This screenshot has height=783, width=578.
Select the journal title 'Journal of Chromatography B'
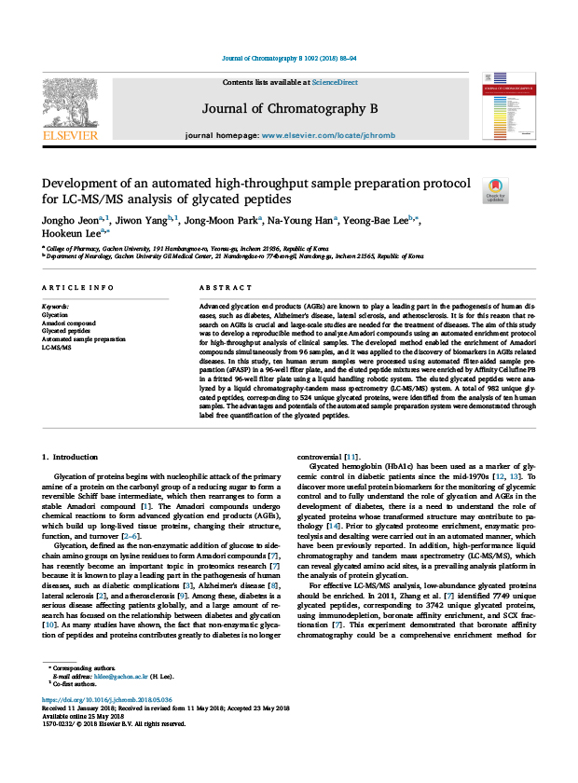(289, 109)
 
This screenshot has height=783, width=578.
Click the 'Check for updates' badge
(495, 191)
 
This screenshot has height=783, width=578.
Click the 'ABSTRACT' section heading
(220, 289)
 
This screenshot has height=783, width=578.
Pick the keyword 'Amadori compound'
(70, 323)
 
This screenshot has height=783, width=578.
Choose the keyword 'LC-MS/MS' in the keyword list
(57, 346)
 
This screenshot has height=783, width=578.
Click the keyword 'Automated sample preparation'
(84, 338)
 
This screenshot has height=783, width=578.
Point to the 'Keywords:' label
(56, 307)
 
